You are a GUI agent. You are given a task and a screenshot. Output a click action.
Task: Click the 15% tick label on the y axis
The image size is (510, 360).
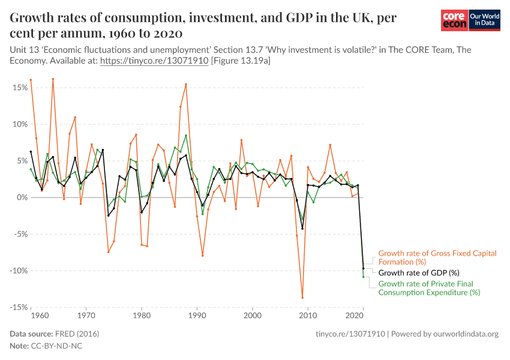[20, 88]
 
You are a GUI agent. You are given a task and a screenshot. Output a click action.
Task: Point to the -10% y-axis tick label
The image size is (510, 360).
[18, 271]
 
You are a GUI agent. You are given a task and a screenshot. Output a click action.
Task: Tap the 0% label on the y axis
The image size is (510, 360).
[22, 197]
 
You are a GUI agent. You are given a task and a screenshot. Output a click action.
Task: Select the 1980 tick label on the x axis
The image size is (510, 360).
[141, 315]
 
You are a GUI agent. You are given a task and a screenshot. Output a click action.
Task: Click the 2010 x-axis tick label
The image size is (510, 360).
[308, 315]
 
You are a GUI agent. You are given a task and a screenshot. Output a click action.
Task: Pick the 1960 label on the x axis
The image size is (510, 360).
[39, 315]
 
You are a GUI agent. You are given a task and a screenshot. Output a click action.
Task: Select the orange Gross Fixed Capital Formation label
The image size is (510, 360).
[437, 257]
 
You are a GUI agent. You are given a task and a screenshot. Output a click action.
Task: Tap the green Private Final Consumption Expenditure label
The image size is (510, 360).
[429, 288]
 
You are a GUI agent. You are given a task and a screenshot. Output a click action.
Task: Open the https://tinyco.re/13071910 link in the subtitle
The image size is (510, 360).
[154, 61]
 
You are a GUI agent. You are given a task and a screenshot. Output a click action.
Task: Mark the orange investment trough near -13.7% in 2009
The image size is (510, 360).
[302, 297]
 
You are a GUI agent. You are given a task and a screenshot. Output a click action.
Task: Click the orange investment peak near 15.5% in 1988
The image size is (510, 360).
[186, 85]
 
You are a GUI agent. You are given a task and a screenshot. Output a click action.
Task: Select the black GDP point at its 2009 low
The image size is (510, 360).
[302, 228]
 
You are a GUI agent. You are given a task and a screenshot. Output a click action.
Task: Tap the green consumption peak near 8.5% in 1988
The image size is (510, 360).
[186, 136]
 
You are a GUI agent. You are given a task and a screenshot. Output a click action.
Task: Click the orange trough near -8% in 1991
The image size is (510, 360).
[203, 256]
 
